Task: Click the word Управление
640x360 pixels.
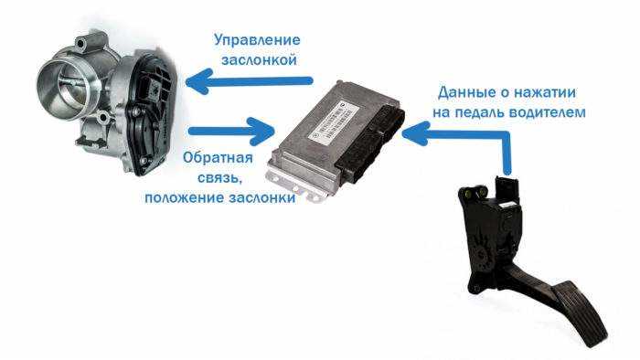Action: point(257,40)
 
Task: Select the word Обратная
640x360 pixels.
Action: point(217,158)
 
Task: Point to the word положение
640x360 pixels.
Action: point(183,196)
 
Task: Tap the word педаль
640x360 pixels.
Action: point(492,112)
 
